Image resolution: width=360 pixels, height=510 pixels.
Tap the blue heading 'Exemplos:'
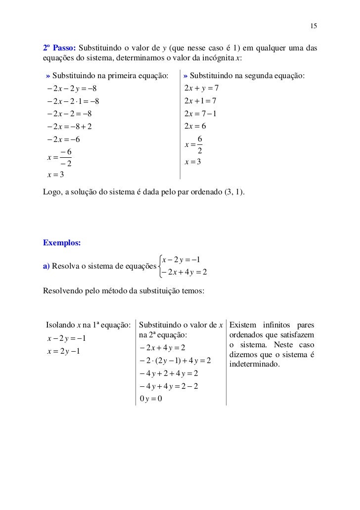pos(62,243)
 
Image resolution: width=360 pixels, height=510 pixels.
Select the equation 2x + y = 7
pos(201,89)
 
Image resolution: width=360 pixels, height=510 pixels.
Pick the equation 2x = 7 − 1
pos(201,114)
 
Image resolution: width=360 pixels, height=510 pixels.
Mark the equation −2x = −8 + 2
pos(69,126)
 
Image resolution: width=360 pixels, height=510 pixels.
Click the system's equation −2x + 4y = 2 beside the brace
pos(184,272)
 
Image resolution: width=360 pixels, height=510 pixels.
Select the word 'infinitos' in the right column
pos(276,325)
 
